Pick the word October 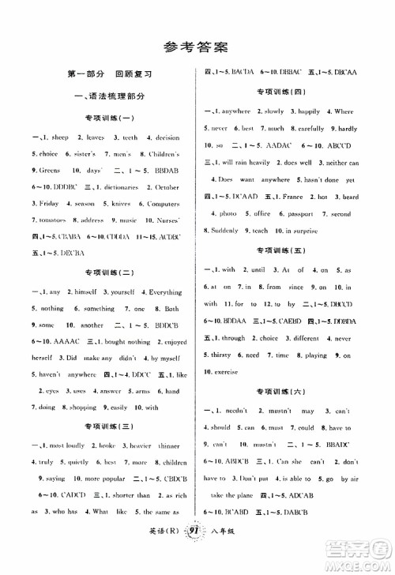pyautogui.click(x=163, y=186)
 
